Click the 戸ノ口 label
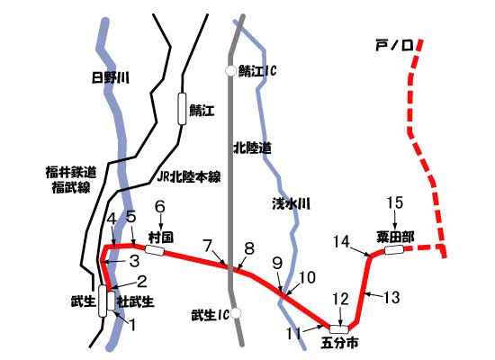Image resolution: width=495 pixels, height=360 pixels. click(392, 43)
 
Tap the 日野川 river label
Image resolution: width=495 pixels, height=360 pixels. click(112, 79)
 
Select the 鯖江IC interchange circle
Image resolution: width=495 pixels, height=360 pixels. click(231, 70)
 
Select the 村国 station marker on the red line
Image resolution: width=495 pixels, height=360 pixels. click(155, 250)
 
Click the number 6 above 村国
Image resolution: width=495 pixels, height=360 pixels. click(160, 206)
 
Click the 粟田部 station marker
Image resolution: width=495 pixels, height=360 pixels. click(394, 251)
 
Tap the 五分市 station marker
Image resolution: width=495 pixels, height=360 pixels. click(339, 328)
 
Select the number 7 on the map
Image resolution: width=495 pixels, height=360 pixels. click(209, 245)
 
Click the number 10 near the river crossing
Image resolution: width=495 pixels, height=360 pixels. click(308, 277)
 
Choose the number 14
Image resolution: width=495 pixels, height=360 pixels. click(339, 240)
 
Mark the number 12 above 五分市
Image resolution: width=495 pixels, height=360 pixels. click(339, 298)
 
